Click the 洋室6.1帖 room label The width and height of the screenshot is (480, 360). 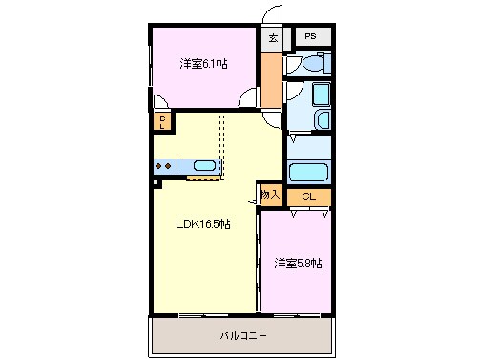pos(203,65)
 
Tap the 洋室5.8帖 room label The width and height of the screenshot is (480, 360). pos(298,263)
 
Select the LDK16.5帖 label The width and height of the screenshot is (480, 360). pos(202,225)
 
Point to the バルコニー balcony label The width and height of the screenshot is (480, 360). pos(243,336)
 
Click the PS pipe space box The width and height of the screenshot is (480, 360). pos(311,37)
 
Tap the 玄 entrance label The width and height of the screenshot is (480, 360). pos(273,38)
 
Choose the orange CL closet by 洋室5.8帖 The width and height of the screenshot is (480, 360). pos(308,197)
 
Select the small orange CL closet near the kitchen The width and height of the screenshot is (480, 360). pos(163,121)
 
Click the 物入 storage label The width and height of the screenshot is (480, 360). pos(270,194)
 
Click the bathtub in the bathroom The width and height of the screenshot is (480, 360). pos(308,173)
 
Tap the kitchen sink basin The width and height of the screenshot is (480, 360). pos(204,166)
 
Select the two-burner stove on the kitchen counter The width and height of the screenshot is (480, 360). pos(163,166)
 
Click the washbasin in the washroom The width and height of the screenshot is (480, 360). pos(322,120)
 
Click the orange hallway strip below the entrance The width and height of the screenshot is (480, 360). pos(273,79)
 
